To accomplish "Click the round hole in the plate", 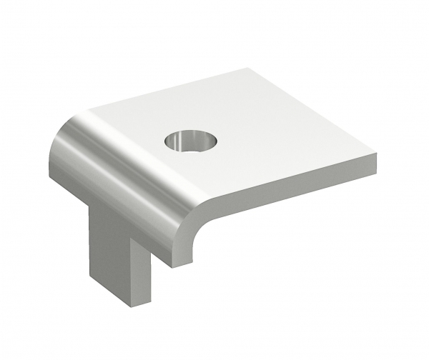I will point(189,141).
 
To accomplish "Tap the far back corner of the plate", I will point(247,69).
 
